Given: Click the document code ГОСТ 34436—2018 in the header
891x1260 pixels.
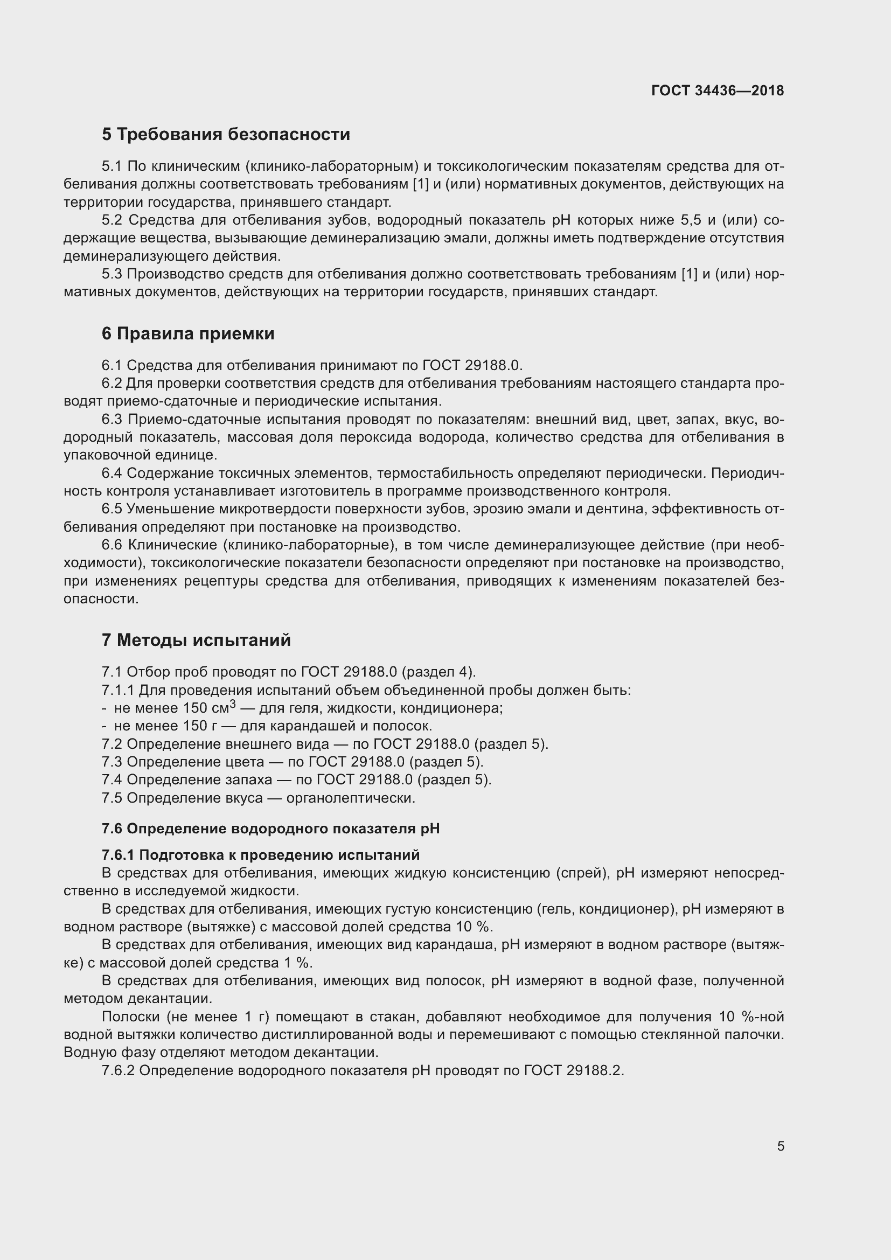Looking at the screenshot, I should [x=717, y=91].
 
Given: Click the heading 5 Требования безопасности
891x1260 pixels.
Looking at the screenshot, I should [x=226, y=135].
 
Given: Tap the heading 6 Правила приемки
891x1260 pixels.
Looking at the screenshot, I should [x=187, y=333].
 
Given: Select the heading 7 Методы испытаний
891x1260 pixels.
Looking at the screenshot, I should [x=196, y=640].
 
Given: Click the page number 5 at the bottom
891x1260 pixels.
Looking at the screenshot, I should [x=780, y=1146].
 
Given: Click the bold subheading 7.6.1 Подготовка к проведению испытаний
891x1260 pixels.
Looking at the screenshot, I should [x=261, y=855].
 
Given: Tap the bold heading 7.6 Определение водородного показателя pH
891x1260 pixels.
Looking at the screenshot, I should [x=270, y=829].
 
